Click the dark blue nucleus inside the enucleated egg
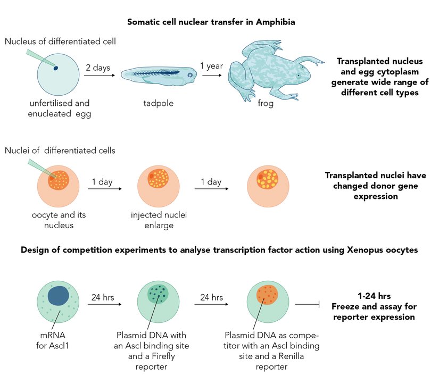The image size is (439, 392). [56, 68]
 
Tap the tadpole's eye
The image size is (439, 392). [190, 75]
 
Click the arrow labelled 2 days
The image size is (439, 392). [100, 76]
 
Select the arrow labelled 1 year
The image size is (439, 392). [212, 76]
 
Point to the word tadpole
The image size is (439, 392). [159, 103]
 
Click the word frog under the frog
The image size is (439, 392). [266, 103]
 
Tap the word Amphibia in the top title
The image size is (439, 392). [276, 22]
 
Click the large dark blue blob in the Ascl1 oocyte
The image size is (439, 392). [58, 296]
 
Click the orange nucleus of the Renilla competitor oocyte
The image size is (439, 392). [267, 295]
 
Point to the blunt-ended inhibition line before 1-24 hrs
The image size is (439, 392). [307, 304]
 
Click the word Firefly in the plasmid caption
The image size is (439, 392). [163, 356]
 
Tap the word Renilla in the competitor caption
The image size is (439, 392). [291, 356]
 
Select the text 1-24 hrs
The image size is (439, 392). [374, 296]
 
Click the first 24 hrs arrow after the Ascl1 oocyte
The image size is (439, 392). [104, 304]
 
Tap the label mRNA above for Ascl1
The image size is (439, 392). [53, 335]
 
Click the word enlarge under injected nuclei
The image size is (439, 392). [159, 226]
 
